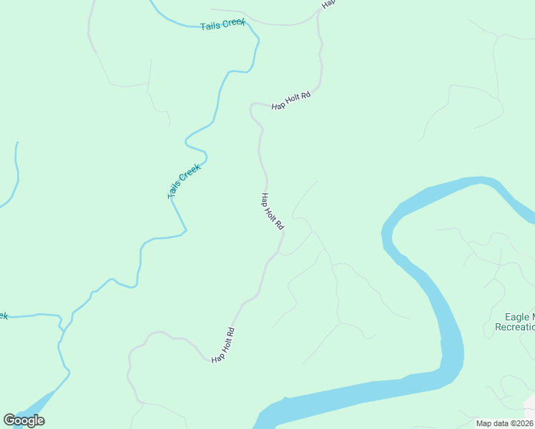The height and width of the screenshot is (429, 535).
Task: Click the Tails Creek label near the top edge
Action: point(222,24)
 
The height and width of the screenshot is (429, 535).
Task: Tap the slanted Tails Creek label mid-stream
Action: point(184,182)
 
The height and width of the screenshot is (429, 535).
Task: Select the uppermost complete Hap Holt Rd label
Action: point(291,101)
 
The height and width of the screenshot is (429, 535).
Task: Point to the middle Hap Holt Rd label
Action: point(273,212)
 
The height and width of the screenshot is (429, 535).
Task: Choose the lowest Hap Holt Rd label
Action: point(223,344)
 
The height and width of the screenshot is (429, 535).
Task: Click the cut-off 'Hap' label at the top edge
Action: point(328,4)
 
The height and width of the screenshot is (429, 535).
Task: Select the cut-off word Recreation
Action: point(514,327)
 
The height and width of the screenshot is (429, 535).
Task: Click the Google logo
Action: point(24,420)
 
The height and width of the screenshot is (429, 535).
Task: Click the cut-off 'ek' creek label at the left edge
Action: point(3,315)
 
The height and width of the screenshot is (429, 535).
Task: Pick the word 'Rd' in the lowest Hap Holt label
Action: point(230,332)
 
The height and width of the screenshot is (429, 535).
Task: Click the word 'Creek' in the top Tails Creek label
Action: point(233,23)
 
